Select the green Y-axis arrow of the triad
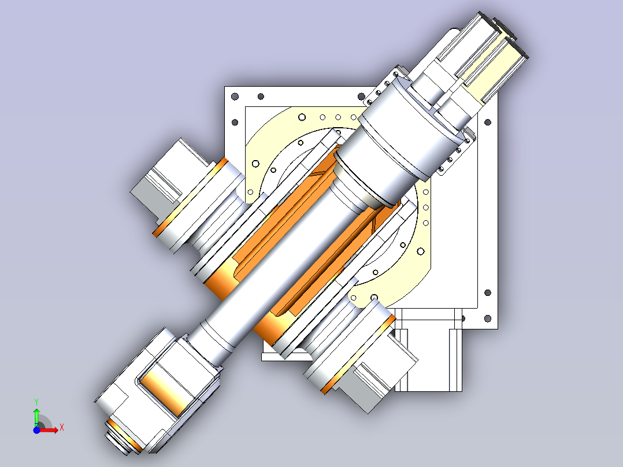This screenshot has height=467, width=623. coord(36,417)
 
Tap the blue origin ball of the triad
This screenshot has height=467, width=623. coord(36,430)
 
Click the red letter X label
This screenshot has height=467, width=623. coord(62,428)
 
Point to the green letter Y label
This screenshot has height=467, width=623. coord(36,402)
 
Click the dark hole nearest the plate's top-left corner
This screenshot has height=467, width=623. coord(235,97)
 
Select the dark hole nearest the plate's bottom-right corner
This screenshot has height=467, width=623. coord(488,318)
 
